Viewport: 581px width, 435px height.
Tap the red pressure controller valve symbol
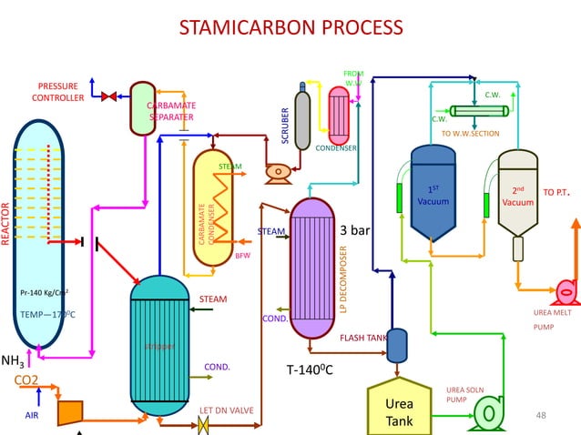[x=108, y=96]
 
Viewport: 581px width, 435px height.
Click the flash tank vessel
[x=397, y=344]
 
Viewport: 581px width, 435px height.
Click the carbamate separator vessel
[x=143, y=108]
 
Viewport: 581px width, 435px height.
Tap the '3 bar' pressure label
[x=354, y=230]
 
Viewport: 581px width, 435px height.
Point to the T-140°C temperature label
[x=310, y=370]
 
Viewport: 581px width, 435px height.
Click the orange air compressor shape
[x=70, y=413]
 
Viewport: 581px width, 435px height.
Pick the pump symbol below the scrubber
[x=276, y=171]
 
